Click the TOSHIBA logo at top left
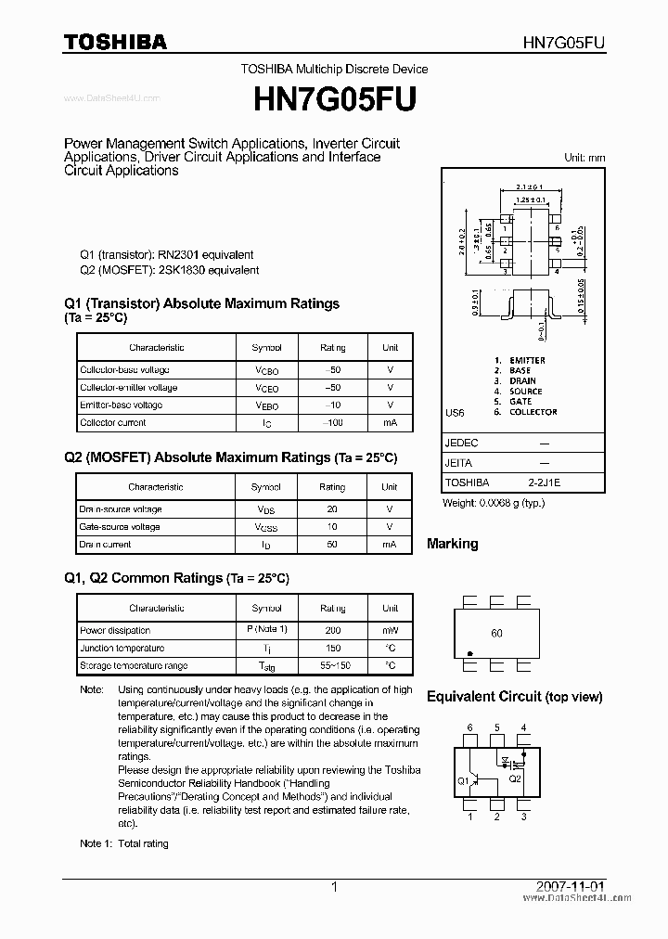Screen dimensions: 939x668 point(115,42)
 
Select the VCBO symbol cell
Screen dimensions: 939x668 point(266,370)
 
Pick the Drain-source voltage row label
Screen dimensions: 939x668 point(121,509)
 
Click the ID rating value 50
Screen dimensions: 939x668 point(332,545)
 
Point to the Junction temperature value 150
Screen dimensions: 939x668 point(332,649)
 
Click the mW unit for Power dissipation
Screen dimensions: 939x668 point(390,631)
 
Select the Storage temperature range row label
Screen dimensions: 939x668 point(134,666)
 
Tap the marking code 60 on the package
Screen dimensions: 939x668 point(496,634)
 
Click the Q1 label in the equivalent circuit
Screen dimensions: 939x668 point(462,780)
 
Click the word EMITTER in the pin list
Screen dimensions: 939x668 point(527,360)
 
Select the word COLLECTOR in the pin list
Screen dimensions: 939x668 point(533,412)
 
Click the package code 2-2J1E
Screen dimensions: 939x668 point(545,482)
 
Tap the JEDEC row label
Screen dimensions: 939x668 point(462,444)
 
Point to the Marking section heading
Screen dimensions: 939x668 point(452,544)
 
